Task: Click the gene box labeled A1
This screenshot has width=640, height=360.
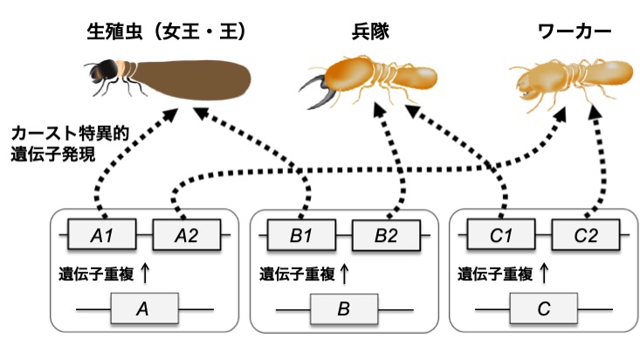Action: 101,234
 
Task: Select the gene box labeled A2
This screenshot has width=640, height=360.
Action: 187,234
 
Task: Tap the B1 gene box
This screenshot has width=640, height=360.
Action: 301,234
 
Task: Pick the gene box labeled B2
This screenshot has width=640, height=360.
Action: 386,235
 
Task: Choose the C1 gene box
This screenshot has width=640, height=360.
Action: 501,234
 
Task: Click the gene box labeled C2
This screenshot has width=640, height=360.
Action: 586,234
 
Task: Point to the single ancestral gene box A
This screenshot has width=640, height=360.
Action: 144,308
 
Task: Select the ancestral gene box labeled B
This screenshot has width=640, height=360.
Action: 344,309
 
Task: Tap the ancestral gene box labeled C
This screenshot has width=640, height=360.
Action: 544,308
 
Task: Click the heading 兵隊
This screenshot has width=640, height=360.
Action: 370,31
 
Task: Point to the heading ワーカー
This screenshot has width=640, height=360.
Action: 575,31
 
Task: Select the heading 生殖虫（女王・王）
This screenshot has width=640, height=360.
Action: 167,31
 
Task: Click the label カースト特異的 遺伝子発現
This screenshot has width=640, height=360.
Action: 70,144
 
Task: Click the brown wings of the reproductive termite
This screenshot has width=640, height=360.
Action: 192,80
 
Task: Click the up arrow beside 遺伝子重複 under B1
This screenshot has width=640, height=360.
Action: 344,273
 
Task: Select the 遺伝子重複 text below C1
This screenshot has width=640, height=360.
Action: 495,273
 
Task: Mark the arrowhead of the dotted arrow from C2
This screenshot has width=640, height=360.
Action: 595,111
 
